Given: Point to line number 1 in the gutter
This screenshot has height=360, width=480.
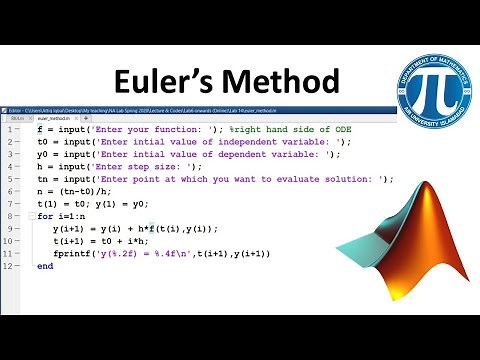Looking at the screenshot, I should [x=9, y=130].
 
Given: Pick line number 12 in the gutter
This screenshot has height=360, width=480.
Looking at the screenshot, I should [x=8, y=266].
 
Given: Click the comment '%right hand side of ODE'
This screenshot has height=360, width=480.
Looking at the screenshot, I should [x=291, y=130].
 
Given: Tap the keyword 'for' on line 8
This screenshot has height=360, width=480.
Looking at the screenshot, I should [x=45, y=216].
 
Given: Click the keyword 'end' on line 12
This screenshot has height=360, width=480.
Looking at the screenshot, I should [x=45, y=266].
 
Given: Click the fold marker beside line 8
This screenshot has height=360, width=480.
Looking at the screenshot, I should [x=30, y=216].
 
